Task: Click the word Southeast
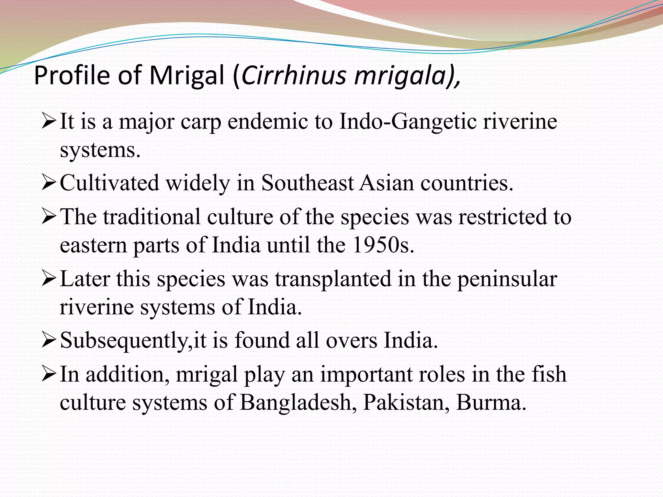(307, 183)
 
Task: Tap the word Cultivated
(109, 183)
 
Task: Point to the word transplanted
(333, 279)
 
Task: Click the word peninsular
(507, 279)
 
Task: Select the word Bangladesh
(296, 403)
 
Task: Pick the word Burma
(491, 403)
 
